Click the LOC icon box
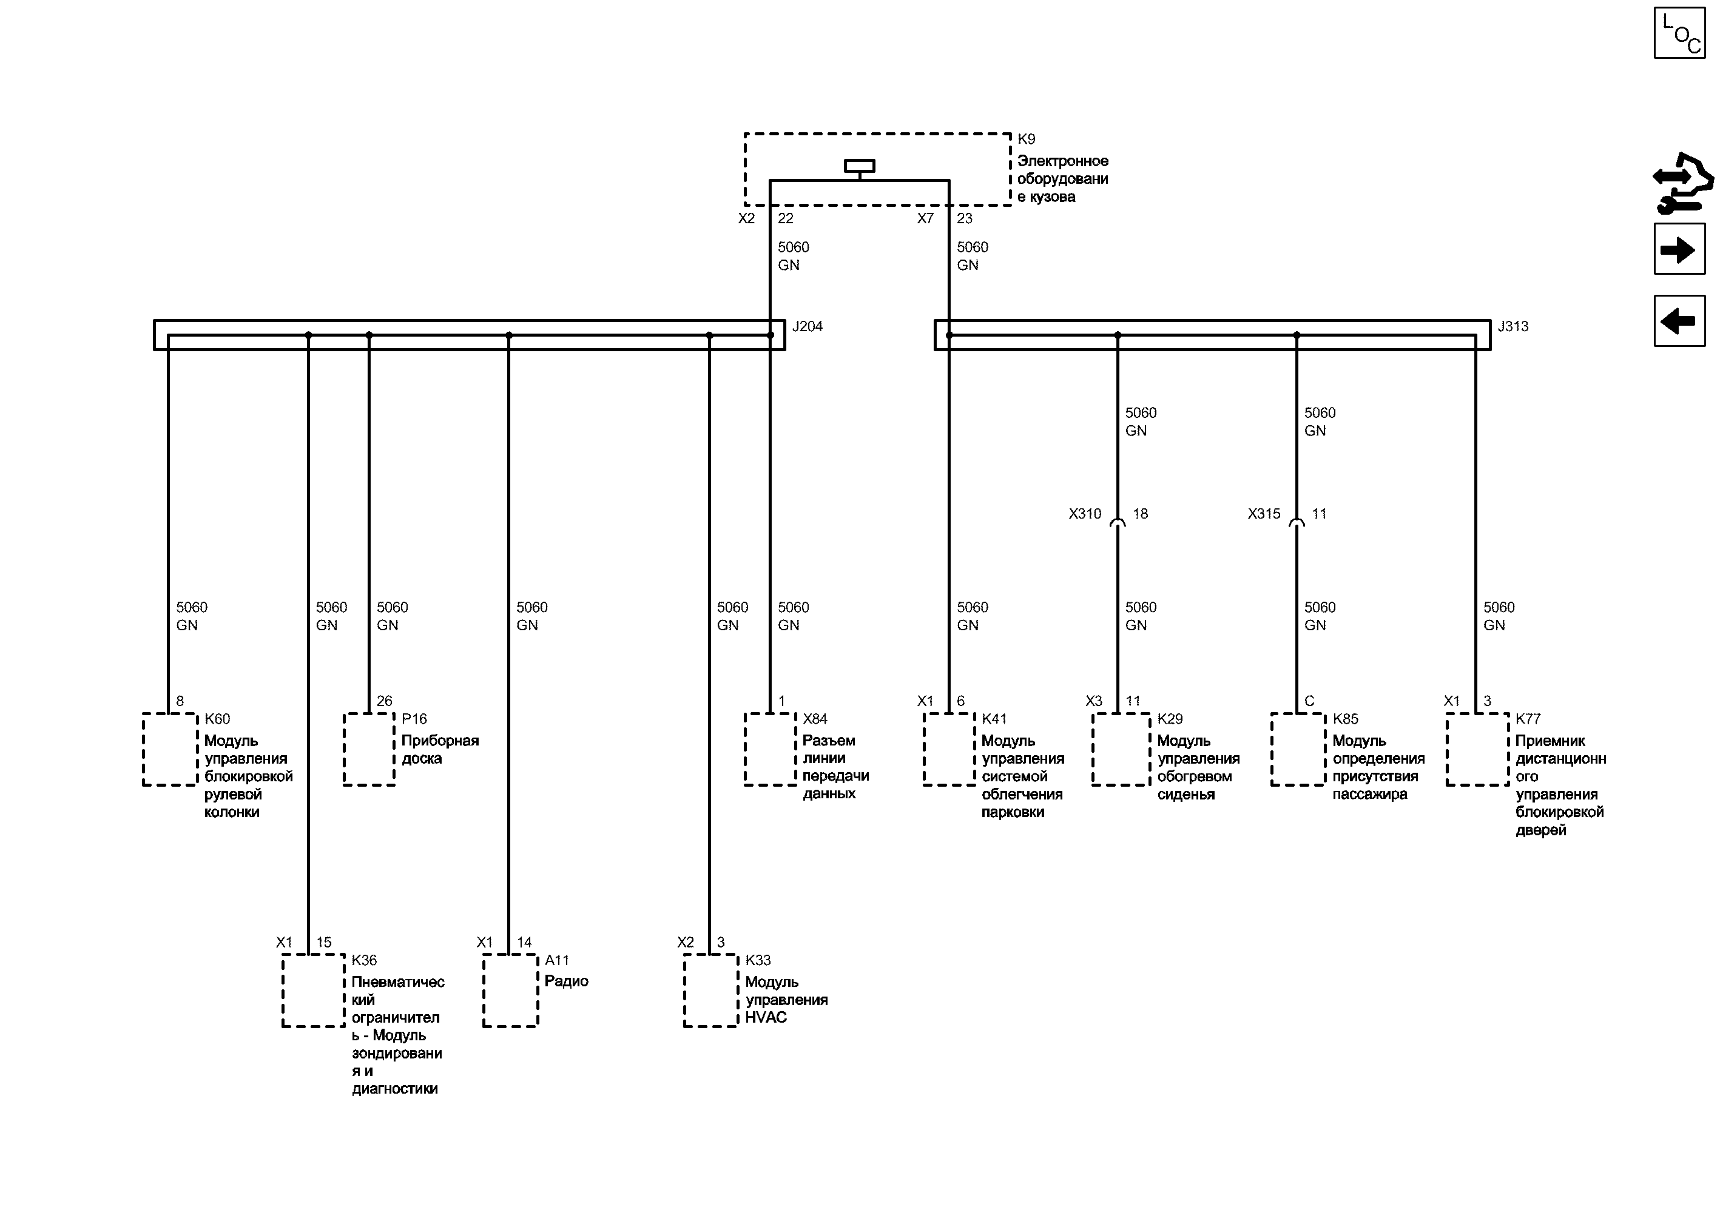(1679, 33)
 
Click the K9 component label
(1025, 140)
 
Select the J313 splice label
(1513, 327)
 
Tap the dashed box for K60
(170, 749)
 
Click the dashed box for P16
(369, 749)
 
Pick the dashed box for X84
(771, 749)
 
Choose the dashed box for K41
(949, 749)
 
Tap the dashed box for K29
(1121, 749)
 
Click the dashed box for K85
(1298, 749)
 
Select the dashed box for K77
(1477, 749)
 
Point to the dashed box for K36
(314, 990)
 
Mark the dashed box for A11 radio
(510, 990)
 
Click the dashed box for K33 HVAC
(710, 990)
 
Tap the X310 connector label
(1085, 514)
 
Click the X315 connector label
(1264, 514)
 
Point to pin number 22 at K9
(785, 219)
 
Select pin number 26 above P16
(384, 701)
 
